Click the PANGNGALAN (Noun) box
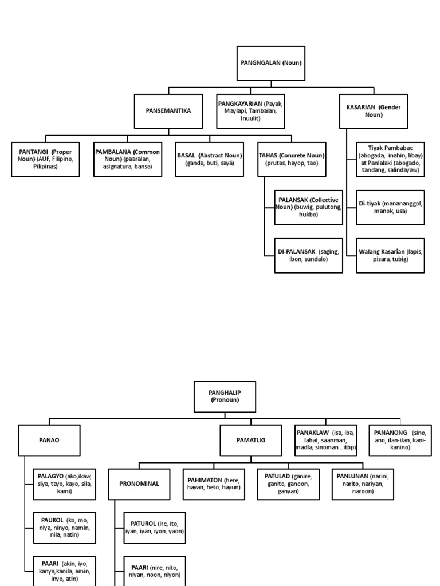[271, 63]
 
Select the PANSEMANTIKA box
[168, 111]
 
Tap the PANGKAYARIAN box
[250, 111]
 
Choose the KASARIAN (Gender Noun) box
[374, 111]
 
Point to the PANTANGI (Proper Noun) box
[45, 159]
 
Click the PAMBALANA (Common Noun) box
[128, 159]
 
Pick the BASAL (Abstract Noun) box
[210, 159]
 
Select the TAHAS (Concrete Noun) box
[292, 159]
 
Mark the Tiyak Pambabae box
[390, 159]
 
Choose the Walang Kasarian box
[390, 255]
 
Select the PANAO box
[49, 439]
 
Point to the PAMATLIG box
[251, 439]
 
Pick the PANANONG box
[400, 439]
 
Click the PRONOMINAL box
[139, 484]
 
